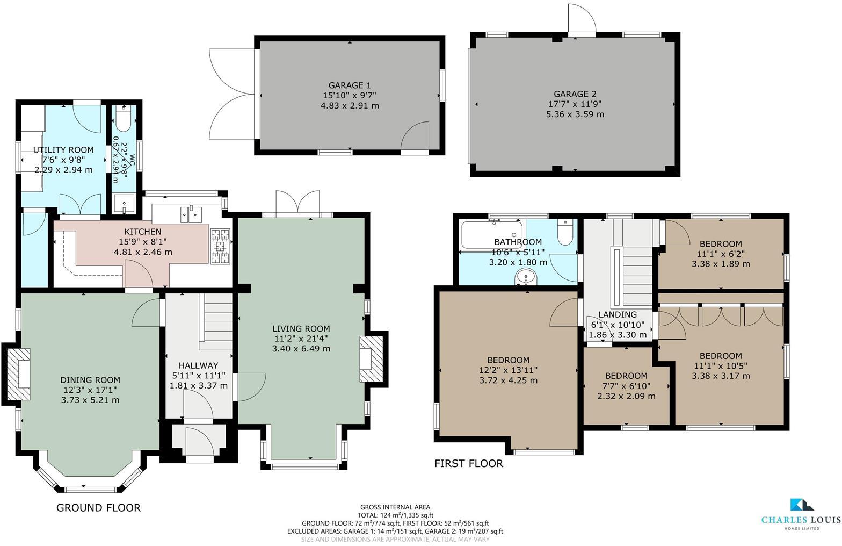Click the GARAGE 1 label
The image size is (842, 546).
click(x=350, y=85)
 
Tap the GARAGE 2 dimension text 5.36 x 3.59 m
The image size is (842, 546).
click(x=575, y=114)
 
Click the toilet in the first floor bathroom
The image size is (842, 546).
click(x=565, y=233)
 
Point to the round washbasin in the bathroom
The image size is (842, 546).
click(x=526, y=277)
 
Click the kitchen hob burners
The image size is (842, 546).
click(x=221, y=247)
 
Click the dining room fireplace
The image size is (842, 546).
click(x=19, y=374)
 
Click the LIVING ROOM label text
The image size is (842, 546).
click(x=301, y=329)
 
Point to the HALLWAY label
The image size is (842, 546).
click(x=198, y=365)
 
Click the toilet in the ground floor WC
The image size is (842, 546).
click(x=122, y=121)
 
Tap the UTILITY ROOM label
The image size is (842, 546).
click(x=63, y=150)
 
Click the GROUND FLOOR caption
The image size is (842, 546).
click(x=98, y=508)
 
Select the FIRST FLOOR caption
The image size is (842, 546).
click(x=468, y=464)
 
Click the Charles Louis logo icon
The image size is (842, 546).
click(x=801, y=505)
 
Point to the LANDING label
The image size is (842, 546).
click(x=618, y=315)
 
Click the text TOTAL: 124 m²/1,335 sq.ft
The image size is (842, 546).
click(x=395, y=515)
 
